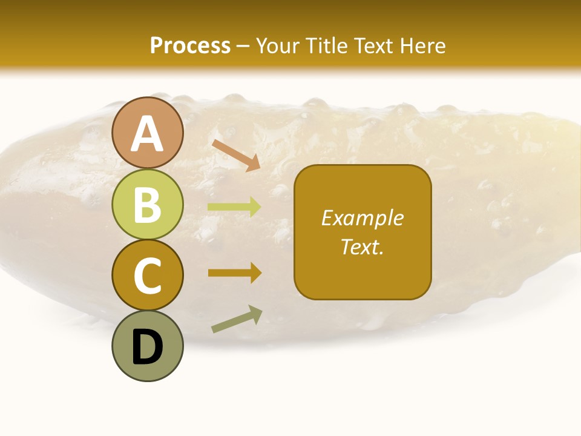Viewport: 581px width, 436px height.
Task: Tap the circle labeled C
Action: [x=147, y=275]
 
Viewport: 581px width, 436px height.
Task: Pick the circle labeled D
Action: [x=147, y=346]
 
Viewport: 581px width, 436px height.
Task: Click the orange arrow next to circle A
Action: [x=236, y=154]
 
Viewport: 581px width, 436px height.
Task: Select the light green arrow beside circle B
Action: [x=234, y=207]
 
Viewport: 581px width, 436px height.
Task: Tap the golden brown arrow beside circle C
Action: [x=234, y=272]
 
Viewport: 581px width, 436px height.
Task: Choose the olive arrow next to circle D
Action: [x=237, y=319]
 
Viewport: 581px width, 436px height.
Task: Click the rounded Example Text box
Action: [x=363, y=232]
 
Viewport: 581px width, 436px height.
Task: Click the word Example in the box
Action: [x=363, y=218]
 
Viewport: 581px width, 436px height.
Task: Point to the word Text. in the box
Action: [x=363, y=247]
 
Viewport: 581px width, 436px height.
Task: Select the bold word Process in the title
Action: [x=190, y=45]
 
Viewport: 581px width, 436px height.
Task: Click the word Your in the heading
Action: [x=279, y=45]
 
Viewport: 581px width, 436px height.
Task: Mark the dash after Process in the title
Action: [x=243, y=46]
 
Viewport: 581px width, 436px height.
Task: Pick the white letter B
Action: [x=147, y=205]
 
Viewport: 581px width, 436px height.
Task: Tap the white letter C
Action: [x=147, y=276]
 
